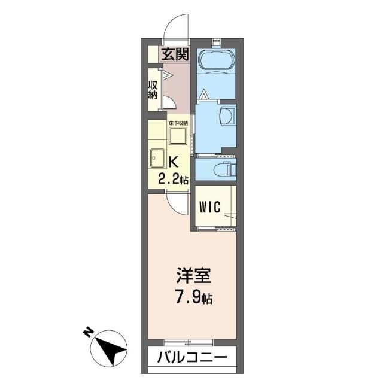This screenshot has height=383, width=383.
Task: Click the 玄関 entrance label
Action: pos(175,55)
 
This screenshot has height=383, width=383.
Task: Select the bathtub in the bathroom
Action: pos(216,62)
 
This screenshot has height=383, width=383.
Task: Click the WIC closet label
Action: pos(210,206)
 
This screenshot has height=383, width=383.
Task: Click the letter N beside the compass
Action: pos(88,330)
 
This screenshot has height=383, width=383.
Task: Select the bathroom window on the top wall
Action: pos(216,42)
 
